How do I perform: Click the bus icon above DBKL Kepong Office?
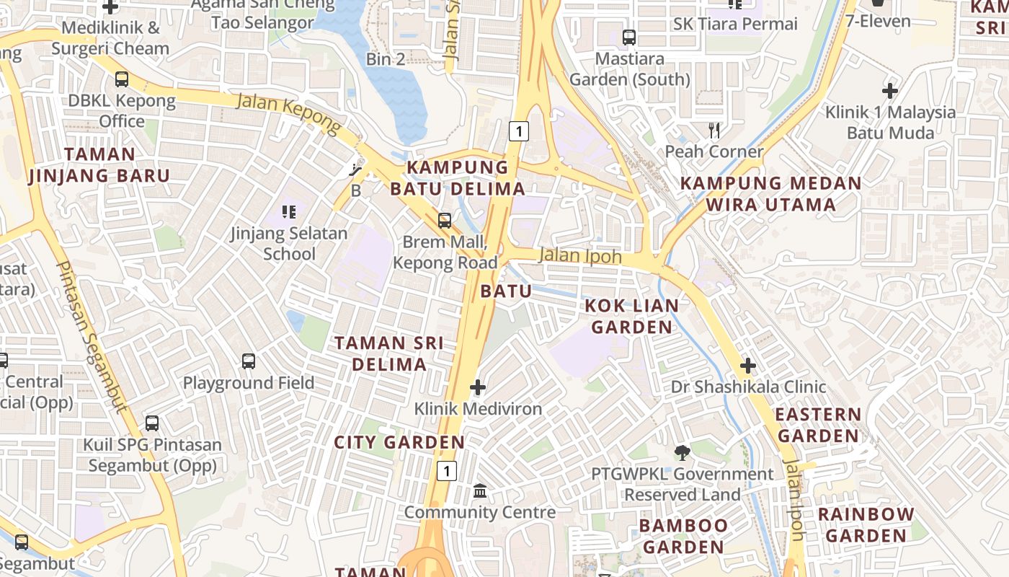[122, 79]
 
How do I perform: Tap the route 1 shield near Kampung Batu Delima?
[518, 131]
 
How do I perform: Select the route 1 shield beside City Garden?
[447, 472]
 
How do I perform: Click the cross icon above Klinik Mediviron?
[478, 388]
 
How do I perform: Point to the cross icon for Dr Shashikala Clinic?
[748, 366]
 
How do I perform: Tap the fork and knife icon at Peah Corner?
[714, 131]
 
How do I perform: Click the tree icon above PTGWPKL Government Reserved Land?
[682, 453]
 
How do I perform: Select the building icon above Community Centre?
[480, 491]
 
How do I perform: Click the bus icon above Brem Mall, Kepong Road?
[445, 221]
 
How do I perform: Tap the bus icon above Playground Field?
[249, 361]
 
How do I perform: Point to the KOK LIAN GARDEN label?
[632, 316]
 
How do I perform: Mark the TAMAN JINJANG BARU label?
[99, 164]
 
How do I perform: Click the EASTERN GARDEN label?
[818, 425]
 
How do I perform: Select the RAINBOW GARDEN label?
[866, 525]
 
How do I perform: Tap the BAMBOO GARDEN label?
[683, 536]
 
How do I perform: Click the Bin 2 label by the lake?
[386, 59]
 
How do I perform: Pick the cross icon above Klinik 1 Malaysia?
[890, 91]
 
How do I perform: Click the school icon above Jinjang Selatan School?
[289, 212]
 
